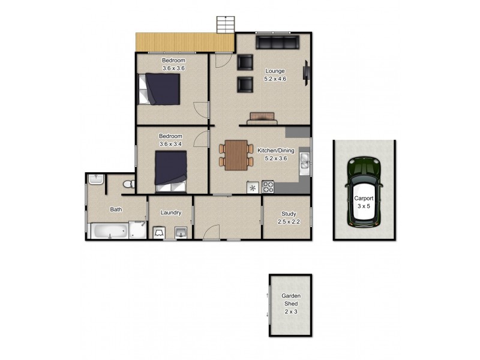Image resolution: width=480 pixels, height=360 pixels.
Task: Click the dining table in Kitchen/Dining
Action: click(x=235, y=154)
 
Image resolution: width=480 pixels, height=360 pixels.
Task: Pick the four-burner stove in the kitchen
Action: click(x=268, y=187)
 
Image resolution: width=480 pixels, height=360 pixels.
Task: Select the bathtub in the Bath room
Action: click(x=108, y=230)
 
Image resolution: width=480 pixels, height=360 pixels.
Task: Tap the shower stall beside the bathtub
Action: click(x=137, y=230)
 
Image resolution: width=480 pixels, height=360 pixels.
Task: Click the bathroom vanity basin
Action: click(x=96, y=179)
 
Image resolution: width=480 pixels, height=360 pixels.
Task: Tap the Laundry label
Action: click(x=171, y=212)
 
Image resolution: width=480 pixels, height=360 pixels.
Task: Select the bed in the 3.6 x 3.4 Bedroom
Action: click(x=172, y=170)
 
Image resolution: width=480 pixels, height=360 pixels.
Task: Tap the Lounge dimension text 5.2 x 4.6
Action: click(x=275, y=79)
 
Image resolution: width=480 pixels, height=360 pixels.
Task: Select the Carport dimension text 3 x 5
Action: click(x=364, y=206)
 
